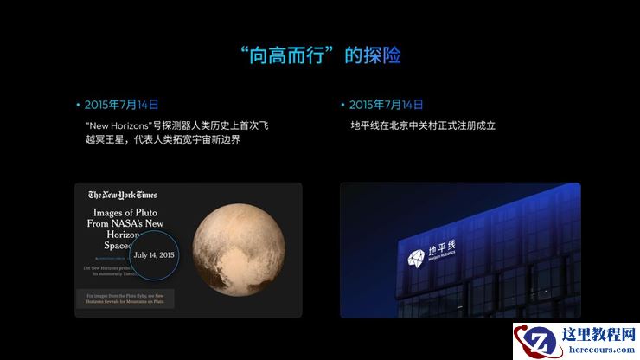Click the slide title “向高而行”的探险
click(x=320, y=55)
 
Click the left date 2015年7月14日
click(x=122, y=105)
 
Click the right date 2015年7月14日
click(x=387, y=105)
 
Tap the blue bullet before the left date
click(x=78, y=105)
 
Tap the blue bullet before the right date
click(x=343, y=105)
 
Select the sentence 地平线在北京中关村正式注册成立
click(x=422, y=125)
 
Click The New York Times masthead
click(x=123, y=195)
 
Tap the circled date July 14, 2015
click(x=154, y=255)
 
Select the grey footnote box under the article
click(x=125, y=299)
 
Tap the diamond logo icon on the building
click(x=416, y=254)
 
